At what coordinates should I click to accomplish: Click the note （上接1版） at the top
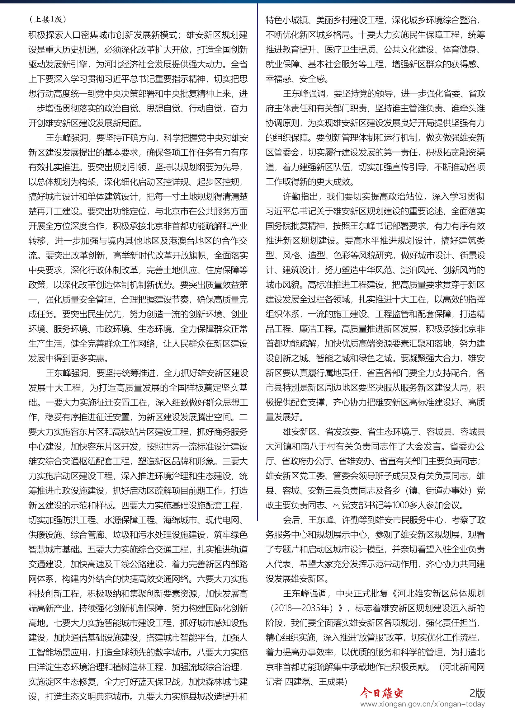(48, 20)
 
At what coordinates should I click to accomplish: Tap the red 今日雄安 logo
(381, 693)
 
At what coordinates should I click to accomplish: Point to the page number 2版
(477, 693)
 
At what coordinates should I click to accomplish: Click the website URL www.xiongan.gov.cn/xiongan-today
(423, 704)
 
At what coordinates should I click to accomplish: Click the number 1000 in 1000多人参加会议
(401, 505)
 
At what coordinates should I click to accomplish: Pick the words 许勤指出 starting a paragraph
(300, 197)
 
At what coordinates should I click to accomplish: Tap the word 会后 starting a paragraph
(291, 520)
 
